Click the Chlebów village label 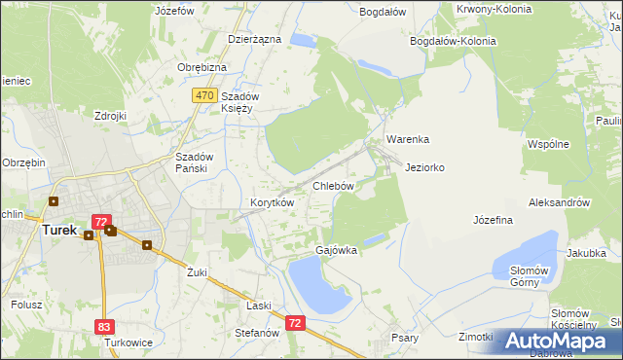[x=332, y=185]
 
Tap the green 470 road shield [x=203, y=95]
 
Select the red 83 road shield [x=105, y=328]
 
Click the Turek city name [x=59, y=231]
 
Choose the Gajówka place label [x=336, y=250]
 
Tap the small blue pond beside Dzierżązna [x=303, y=41]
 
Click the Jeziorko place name [x=424, y=167]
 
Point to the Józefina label [x=493, y=221]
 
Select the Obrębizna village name [x=202, y=67]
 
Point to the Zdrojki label [x=111, y=116]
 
